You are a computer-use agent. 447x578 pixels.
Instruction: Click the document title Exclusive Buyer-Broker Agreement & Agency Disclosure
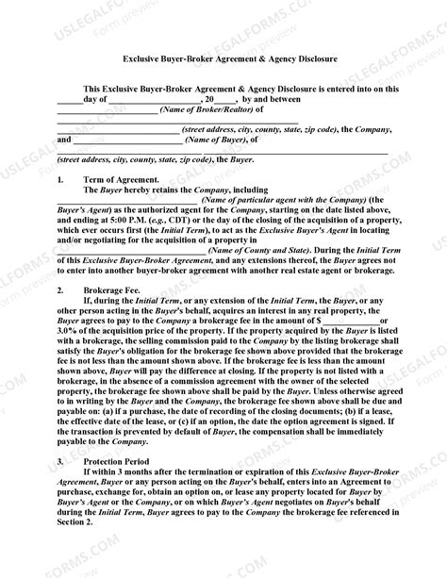[223, 58]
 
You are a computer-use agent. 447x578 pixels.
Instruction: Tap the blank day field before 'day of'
[69, 100]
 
